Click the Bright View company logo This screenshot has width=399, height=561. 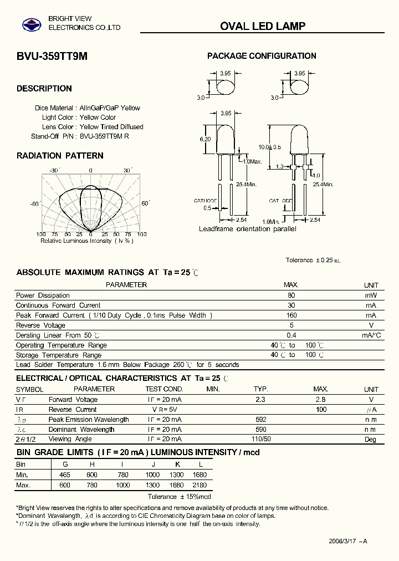(31, 24)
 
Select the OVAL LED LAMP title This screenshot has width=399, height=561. (263, 26)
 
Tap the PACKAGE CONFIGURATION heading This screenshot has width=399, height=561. (262, 56)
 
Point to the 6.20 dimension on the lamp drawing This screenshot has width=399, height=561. (205, 139)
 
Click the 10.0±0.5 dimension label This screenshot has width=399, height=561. (270, 147)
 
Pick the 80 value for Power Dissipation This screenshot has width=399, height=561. (291, 295)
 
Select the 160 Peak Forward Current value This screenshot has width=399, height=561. (291, 315)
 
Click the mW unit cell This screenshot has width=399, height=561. (371, 295)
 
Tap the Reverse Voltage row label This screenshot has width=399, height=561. (41, 325)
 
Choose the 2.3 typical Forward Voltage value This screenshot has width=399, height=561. (260, 400)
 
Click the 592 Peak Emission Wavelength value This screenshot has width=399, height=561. (260, 420)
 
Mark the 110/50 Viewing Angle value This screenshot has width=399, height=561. (260, 440)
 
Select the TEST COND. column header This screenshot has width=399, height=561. (164, 389)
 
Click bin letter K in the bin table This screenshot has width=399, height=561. (178, 465)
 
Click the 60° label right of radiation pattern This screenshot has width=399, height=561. (146, 203)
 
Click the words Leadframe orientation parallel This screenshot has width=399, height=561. (247, 229)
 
